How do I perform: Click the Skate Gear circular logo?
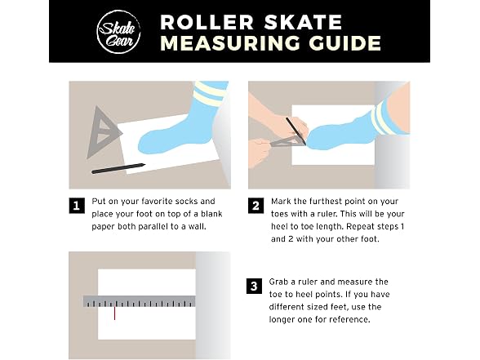(119, 32)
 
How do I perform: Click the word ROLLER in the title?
(207, 22)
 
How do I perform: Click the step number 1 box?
(77, 206)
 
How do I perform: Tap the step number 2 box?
(256, 206)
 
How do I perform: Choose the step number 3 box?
(254, 286)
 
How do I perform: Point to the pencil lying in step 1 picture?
(118, 169)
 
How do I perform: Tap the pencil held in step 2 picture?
(296, 131)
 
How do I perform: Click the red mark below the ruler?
(115, 313)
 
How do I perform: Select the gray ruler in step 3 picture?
(140, 301)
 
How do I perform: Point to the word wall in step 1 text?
(196, 227)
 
